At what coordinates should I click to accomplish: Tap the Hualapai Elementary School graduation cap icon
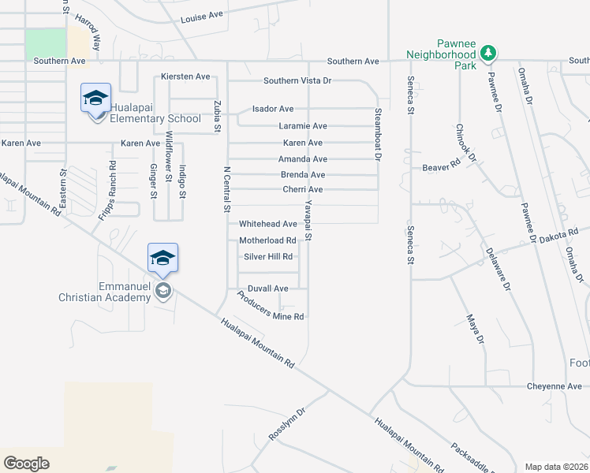coord(95,99)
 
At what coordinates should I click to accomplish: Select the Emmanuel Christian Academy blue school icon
coord(162,258)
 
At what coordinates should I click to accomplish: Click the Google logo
coord(26,463)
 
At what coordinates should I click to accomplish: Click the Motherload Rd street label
coord(267,240)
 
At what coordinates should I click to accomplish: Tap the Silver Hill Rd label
coord(268,257)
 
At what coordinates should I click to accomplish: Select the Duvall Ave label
coord(268,289)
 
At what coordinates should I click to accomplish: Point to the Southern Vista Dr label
coord(297,80)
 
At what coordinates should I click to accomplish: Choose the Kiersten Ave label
coord(185,76)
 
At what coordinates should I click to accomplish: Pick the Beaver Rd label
coord(441,167)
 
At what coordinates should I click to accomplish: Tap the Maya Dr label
coord(474,329)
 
